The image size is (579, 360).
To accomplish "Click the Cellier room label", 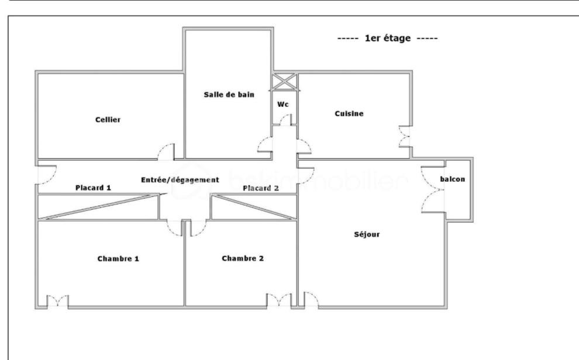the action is (108, 119).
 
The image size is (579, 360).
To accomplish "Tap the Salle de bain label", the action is (229, 95).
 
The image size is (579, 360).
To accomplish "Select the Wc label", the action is (283, 105).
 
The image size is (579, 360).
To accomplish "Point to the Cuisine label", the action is (349, 113).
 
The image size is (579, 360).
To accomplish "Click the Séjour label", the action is (367, 234).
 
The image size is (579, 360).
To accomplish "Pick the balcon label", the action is (452, 179).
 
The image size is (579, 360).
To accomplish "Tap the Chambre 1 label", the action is (118, 258).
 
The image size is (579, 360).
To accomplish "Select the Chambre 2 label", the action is (243, 258).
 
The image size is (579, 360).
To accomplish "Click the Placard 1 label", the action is (93, 188).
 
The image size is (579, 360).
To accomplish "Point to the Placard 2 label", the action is (261, 188).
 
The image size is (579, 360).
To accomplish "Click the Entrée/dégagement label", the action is (180, 180).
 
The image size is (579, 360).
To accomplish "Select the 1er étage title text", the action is (387, 38).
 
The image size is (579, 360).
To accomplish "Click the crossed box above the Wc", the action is (284, 81).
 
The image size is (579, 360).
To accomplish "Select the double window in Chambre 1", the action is (57, 300).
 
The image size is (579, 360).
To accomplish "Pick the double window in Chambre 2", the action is (279, 299).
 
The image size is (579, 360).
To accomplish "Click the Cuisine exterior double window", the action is (404, 137).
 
